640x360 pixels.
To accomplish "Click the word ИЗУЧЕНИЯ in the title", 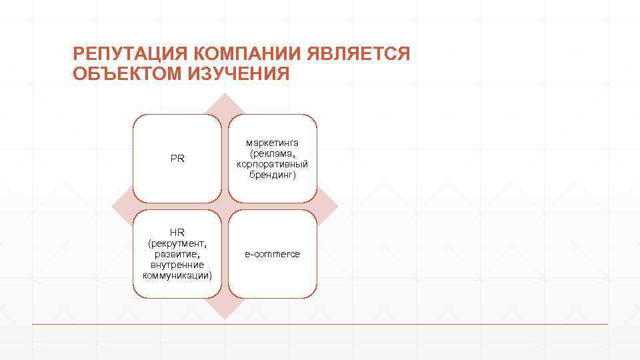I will (238, 74).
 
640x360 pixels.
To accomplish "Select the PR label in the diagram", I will (177, 159).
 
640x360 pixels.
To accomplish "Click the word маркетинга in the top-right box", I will (272, 143).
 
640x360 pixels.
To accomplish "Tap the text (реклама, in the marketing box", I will (272, 153).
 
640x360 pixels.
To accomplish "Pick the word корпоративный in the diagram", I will (272, 164).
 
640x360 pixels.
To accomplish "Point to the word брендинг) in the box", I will (272, 175).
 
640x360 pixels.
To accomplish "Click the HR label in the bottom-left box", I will (177, 233).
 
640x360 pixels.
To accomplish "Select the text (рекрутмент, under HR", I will (177, 243).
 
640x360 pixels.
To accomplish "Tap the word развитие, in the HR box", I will (177, 254).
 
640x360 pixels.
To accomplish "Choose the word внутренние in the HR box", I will (177, 265).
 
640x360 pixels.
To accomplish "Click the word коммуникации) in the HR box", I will (177, 275).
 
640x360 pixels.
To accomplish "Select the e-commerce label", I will (272, 254).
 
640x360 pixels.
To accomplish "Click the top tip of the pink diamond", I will (225, 95).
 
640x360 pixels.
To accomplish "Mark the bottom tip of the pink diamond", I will (225, 318).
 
